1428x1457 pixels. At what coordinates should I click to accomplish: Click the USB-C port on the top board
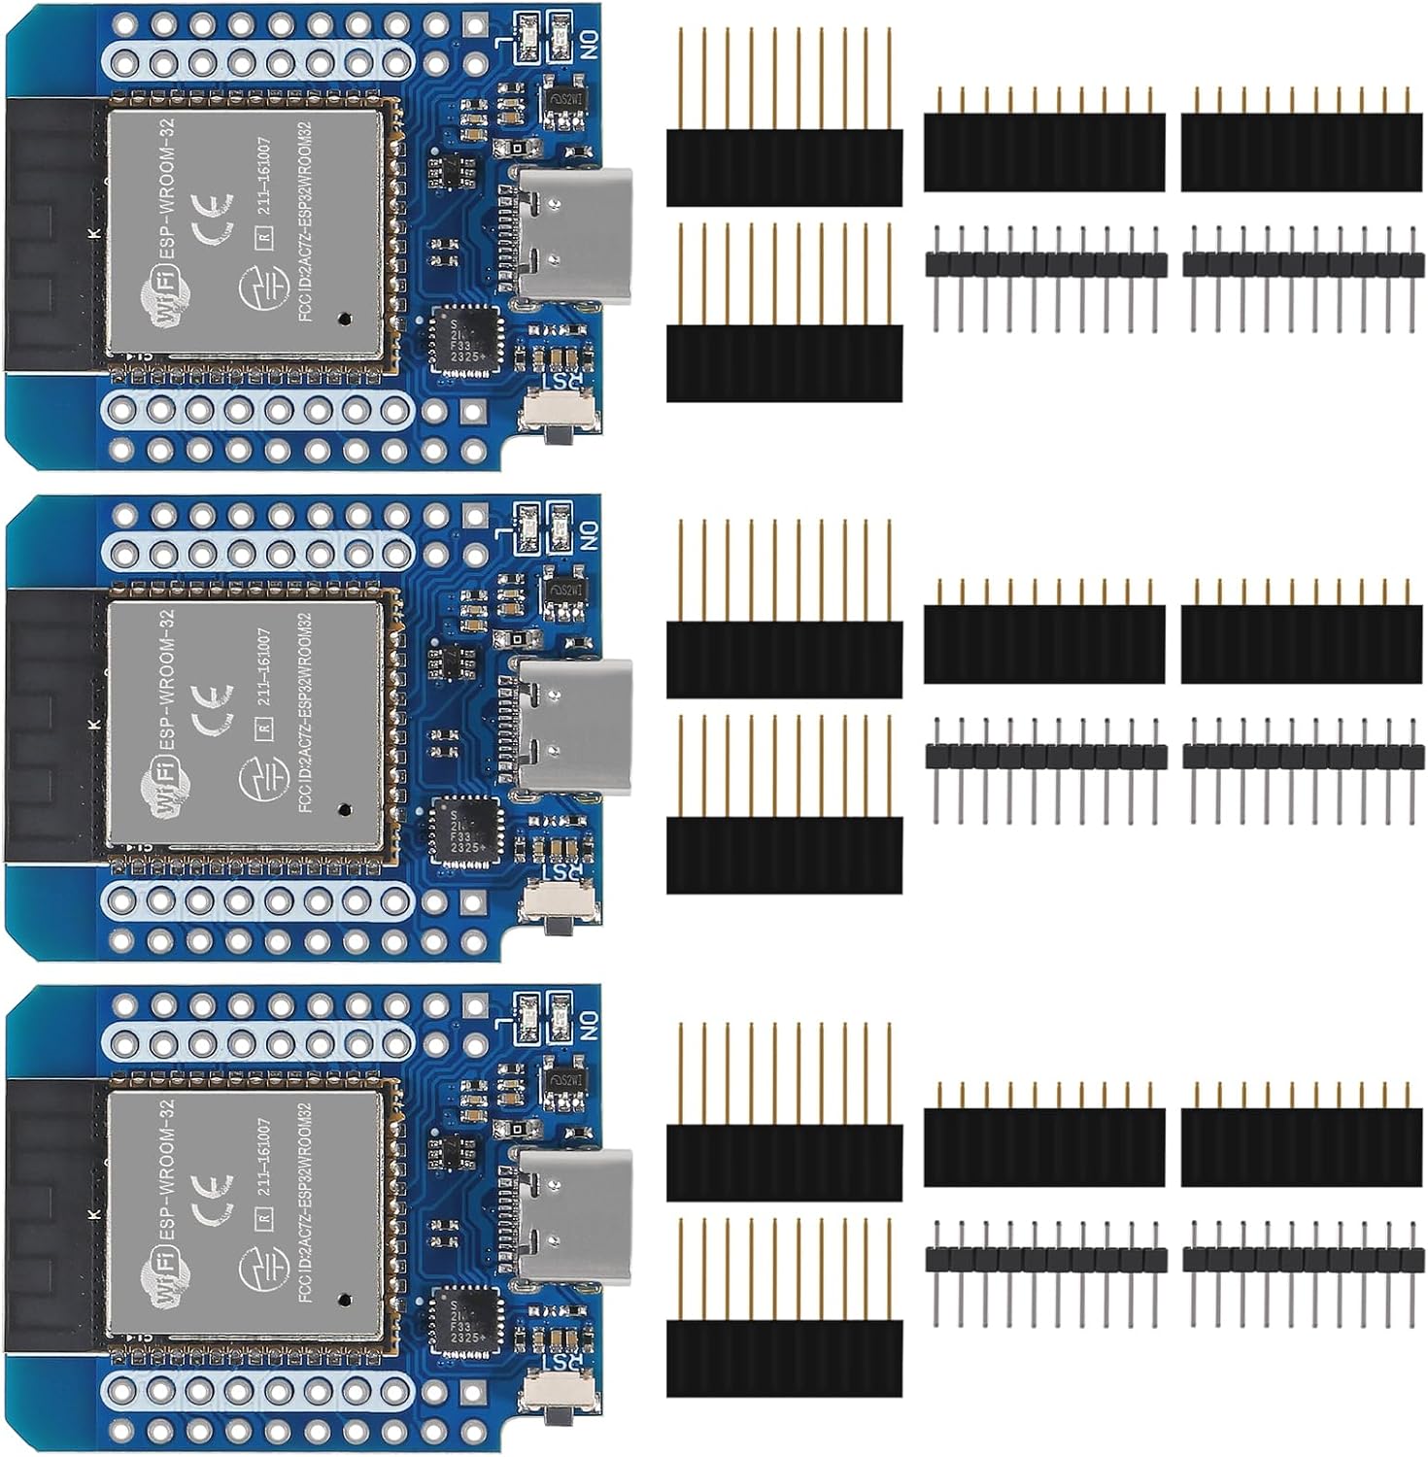573,232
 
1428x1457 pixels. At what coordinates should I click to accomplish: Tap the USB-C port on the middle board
573,724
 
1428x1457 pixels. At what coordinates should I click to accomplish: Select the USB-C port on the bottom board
573,1213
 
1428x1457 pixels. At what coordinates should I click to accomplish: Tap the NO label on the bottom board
590,1023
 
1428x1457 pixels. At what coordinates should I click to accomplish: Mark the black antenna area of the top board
53,233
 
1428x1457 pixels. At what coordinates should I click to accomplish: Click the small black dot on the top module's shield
343,319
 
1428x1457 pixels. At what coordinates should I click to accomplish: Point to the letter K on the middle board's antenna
94,725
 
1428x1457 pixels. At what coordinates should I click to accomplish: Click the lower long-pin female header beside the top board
784,361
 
